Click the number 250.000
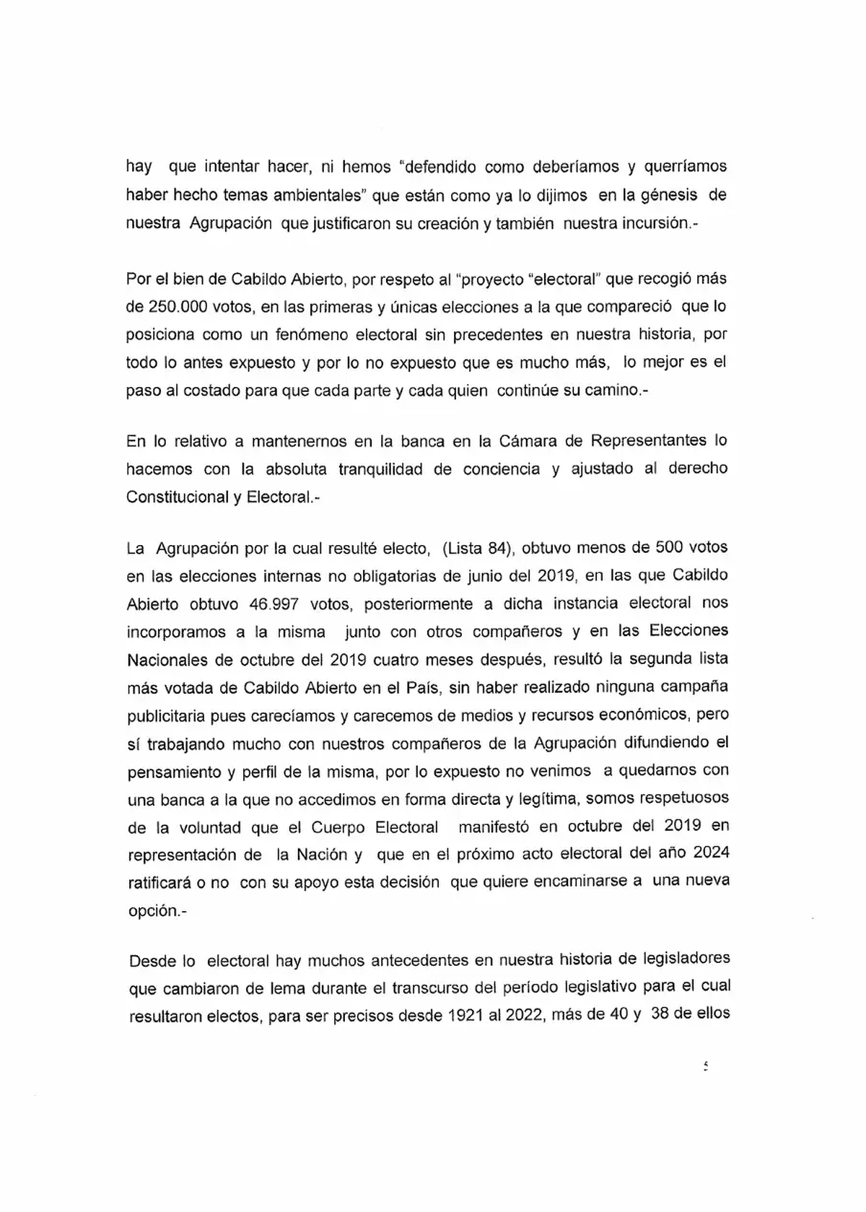point(178,306)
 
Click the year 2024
point(711,853)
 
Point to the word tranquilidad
point(380,468)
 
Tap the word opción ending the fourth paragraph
point(154,910)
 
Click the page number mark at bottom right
point(706,1066)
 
